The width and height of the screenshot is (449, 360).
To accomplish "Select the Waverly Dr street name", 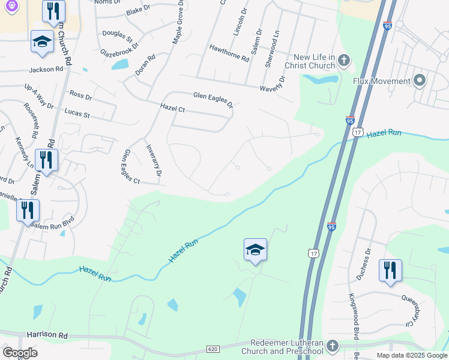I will click(273, 86).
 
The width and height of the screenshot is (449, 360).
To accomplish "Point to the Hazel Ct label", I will click(172, 108).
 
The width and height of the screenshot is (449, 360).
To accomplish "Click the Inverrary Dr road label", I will click(154, 160).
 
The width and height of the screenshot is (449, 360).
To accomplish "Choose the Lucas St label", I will click(76, 114).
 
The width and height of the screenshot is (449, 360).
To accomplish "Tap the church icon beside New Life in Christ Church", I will click(344, 60).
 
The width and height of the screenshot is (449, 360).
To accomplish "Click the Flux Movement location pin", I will click(420, 80).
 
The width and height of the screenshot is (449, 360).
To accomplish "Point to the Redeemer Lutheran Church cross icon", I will click(333, 346).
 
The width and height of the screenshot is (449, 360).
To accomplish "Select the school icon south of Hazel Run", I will click(255, 249).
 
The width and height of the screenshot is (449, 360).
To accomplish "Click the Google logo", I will click(20, 353).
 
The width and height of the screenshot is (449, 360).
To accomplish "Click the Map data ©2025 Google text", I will click(411, 355).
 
